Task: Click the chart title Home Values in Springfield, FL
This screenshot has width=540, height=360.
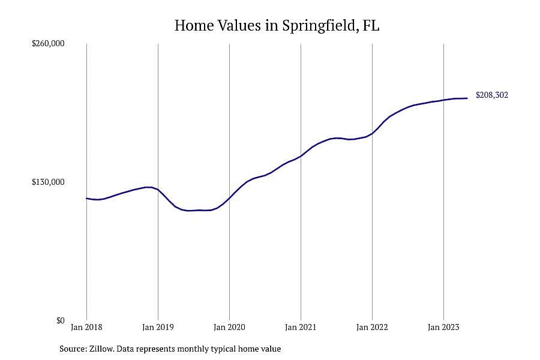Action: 277,26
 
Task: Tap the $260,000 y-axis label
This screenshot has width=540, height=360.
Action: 48,44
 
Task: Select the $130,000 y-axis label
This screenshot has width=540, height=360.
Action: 48,182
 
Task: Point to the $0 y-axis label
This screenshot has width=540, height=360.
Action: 60,321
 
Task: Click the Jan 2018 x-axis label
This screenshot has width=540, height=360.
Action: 86,327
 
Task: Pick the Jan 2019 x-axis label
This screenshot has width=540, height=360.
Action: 158,327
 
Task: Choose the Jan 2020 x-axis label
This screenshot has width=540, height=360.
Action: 229,327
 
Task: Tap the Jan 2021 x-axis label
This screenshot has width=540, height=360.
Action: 301,327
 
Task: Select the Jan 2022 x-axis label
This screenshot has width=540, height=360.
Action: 372,327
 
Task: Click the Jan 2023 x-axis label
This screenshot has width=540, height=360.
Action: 443,327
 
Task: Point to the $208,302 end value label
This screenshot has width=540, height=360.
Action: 492,95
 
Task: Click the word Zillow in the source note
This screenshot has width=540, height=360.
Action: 101,349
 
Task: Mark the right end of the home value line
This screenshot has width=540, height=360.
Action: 467,98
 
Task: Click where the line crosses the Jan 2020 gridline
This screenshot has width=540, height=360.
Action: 229,198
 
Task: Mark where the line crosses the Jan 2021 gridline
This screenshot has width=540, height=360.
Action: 301,156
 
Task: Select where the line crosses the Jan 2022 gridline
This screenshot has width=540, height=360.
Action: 372,133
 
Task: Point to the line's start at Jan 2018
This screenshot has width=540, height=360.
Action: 86,198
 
